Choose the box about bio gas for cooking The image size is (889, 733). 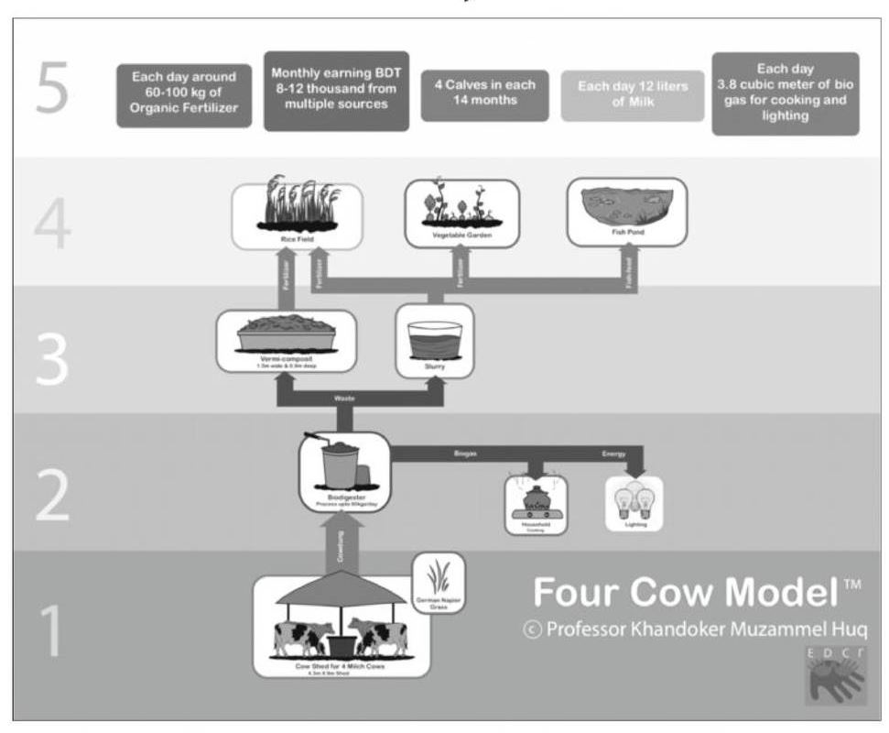(x=785, y=93)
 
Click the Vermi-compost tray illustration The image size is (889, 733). (x=286, y=340)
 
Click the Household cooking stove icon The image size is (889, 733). (x=536, y=504)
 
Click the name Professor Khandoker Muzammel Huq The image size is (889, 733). (x=691, y=631)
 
